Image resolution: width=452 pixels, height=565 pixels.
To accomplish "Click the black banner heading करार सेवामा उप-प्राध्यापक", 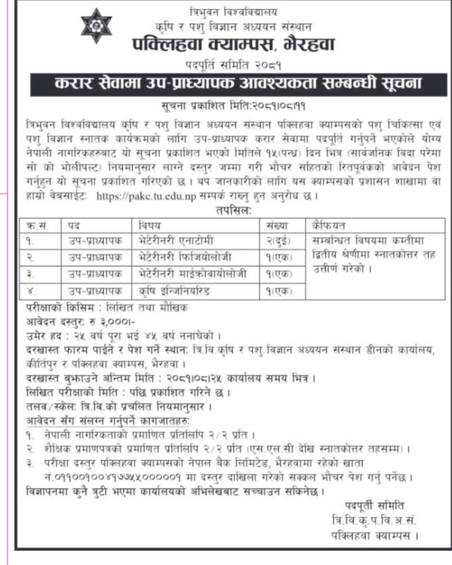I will (238, 83).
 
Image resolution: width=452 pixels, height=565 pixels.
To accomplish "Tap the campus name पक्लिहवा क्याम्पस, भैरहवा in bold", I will (234, 45).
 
